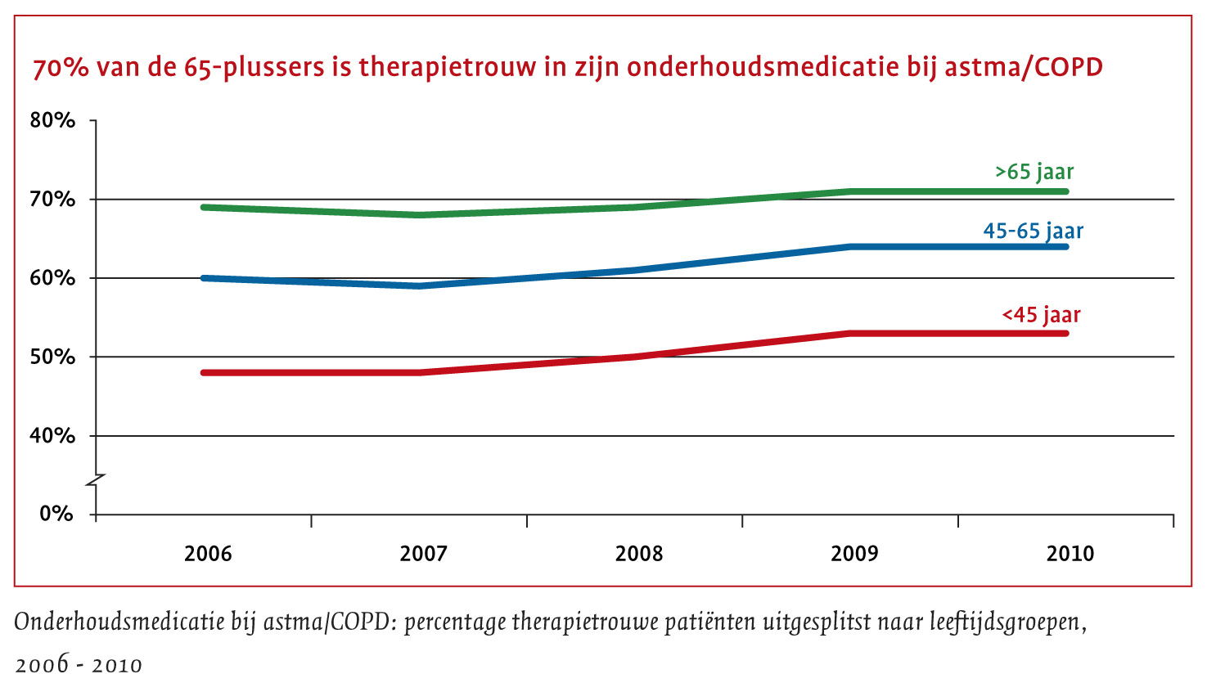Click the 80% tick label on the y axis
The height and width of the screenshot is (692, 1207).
click(x=52, y=121)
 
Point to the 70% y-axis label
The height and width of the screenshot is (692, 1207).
click(x=52, y=200)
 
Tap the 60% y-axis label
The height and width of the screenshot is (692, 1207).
click(x=52, y=278)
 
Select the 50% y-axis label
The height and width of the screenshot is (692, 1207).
click(x=52, y=357)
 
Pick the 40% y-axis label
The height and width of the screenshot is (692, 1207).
click(x=52, y=436)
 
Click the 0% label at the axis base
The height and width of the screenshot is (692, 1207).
click(x=56, y=515)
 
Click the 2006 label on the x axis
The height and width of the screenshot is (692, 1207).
click(x=208, y=554)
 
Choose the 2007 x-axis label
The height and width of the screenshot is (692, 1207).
click(x=423, y=554)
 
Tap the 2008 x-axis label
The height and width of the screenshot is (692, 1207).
click(x=639, y=554)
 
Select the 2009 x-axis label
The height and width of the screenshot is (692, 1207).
click(x=854, y=554)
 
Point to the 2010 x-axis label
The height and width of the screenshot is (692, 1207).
click(x=1070, y=554)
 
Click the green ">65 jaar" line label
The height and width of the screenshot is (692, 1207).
click(x=1034, y=173)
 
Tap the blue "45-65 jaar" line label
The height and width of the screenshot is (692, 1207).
click(x=1033, y=231)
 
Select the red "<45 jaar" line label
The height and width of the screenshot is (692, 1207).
click(x=1041, y=315)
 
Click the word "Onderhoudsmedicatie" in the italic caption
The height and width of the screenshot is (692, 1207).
click(x=119, y=622)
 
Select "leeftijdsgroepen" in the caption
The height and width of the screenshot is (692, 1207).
click(x=1007, y=623)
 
